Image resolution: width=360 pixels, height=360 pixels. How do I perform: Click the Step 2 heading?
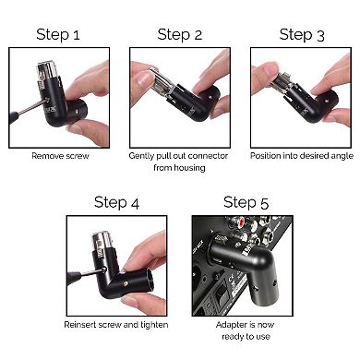coord(179,35)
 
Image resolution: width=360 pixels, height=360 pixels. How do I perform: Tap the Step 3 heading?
coord(301,35)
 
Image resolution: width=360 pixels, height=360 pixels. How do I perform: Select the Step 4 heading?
coord(116,202)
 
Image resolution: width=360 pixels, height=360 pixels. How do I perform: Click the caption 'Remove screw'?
coord(59,156)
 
